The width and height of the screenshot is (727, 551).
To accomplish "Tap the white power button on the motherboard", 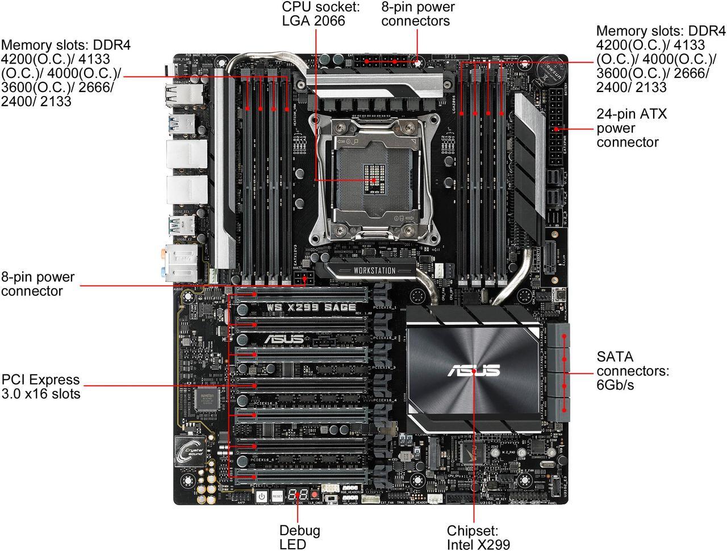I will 261,496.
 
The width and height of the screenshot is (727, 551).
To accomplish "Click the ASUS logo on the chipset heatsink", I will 473,371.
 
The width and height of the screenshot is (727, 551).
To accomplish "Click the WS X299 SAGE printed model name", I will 312,307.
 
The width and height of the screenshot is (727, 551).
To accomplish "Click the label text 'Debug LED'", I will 299,537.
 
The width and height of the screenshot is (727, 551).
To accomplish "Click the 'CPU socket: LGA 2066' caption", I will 314,14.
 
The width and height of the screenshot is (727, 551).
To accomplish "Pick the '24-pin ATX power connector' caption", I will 632,128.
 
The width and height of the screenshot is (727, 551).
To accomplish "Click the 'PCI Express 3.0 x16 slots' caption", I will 41,386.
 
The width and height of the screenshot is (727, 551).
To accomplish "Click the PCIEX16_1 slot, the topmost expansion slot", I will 301,295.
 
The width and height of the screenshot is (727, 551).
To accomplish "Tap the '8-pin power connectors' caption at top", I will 417,14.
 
